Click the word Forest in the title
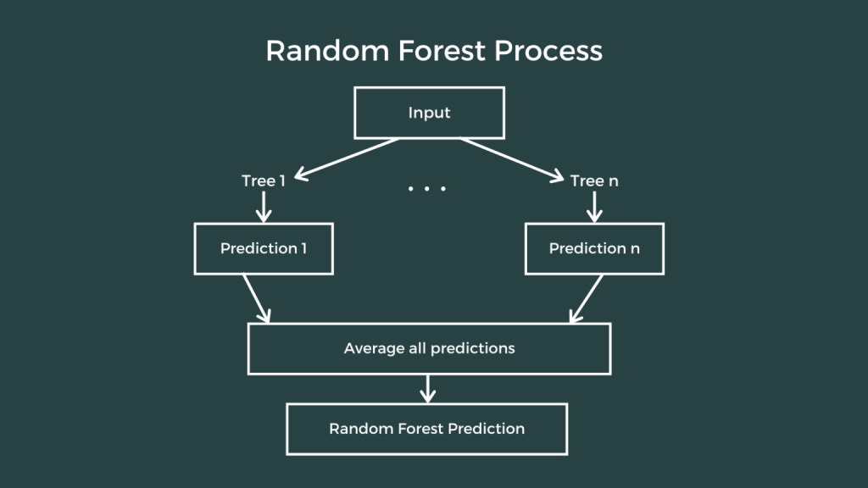426,51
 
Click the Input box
429,114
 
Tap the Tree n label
594,181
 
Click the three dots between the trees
426,188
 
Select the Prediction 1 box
262,249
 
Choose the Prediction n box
594,249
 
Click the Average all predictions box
429,348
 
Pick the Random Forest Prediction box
426,429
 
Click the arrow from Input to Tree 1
347,158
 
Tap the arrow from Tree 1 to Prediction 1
263,206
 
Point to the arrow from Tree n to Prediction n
594,206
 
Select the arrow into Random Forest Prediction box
427,389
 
